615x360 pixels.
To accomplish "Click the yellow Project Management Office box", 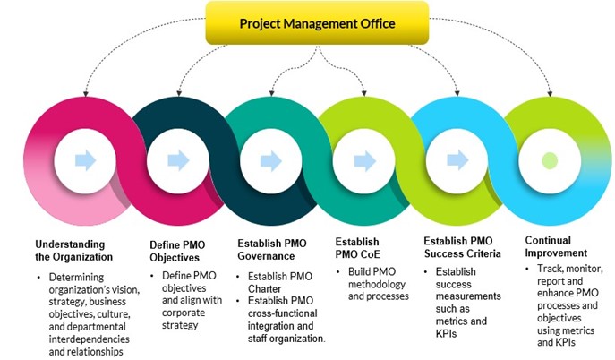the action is tap(317, 22).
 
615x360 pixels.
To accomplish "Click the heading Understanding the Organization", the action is tap(73, 251).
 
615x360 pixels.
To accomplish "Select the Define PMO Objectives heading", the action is tap(177, 252).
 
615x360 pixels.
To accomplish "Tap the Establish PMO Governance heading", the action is tap(272, 250).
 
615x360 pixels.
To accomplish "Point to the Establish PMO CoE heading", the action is tap(357, 248).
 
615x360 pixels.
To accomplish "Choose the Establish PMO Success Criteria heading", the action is tap(462, 247).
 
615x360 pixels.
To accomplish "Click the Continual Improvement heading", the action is tap(556, 246).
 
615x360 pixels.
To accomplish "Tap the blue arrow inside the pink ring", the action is tap(86, 160).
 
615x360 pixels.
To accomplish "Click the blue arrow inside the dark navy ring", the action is tap(178, 160).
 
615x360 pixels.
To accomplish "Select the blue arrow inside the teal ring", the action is tap(271, 161).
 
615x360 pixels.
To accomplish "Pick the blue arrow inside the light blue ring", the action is tap(457, 160).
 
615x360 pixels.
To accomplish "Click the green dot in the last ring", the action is tap(550, 161).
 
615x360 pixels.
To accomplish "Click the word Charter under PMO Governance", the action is tap(264, 289).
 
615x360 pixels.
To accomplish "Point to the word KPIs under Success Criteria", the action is tap(447, 334).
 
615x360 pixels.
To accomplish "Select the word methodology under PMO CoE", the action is tap(377, 284).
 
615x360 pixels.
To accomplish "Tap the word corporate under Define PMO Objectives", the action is tap(184, 313).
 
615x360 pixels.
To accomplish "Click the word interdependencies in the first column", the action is tap(89, 339).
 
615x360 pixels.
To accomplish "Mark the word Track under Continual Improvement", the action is tap(549, 269).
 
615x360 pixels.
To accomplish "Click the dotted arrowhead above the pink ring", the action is tap(86, 94).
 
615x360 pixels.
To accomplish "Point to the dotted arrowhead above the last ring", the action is tap(550, 94).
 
